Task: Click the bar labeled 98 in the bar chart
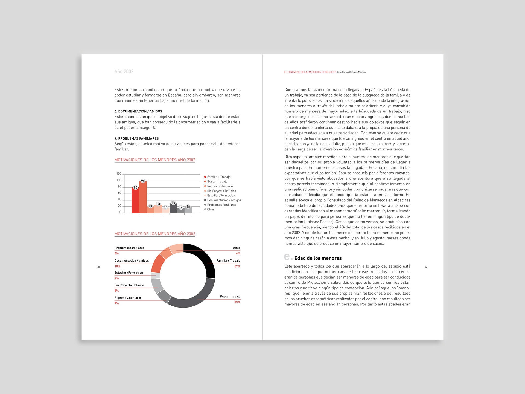[143, 197]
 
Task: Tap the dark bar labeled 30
[173, 208]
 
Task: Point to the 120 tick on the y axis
[119, 174]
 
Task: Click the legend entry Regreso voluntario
[220, 186]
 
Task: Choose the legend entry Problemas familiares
[221, 205]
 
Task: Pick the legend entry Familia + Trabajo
[218, 177]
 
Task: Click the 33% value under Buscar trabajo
[237, 302]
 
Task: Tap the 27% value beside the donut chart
[237, 266]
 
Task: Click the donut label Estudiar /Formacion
[129, 273]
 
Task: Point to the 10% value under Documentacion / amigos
[117, 266]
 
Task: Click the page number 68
[98, 267]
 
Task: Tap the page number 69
[427, 267]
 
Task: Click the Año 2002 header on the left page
[124, 71]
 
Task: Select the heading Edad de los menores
[318, 258]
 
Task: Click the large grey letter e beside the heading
[287, 257]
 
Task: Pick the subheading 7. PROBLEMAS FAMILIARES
[136, 139]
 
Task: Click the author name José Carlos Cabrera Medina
[351, 72]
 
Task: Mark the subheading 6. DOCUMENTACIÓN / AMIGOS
[138, 112]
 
